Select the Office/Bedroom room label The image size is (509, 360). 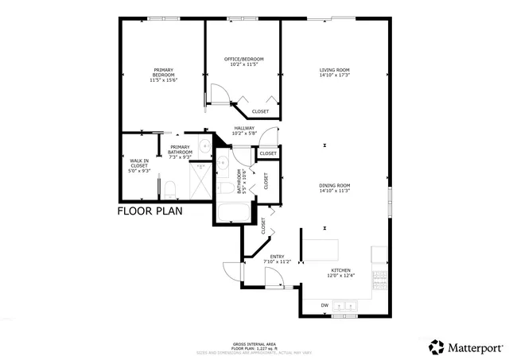coord(243,60)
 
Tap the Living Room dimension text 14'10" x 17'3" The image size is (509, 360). coord(334,75)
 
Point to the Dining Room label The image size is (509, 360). coord(334,185)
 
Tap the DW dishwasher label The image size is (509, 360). coord(324,305)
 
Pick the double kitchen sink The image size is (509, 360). coord(347,304)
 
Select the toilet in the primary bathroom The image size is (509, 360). coord(170,188)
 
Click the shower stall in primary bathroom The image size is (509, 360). coord(201,181)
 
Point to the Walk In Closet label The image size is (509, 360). coord(139,165)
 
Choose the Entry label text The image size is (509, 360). coord(277,256)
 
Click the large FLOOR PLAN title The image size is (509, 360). coord(150,211)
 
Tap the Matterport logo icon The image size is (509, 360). coord(437,346)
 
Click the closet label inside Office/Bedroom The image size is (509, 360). coord(260,111)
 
